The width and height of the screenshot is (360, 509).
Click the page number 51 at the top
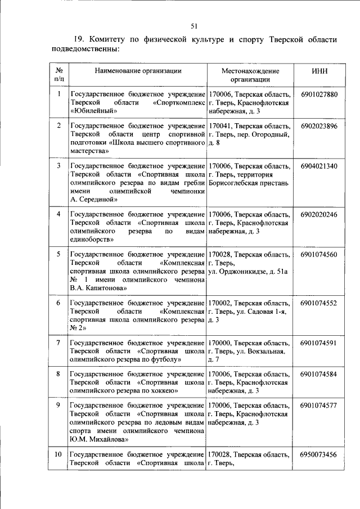[x=194, y=26]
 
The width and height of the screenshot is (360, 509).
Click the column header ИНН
[x=319, y=71]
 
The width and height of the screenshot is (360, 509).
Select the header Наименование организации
[x=138, y=71]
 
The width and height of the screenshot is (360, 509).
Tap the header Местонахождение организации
[x=250, y=75]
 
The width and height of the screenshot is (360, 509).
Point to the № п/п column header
[x=58, y=75]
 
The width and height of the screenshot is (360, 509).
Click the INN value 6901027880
[x=319, y=94]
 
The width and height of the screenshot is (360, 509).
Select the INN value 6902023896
[x=319, y=126]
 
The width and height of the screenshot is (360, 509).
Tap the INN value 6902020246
[x=319, y=214]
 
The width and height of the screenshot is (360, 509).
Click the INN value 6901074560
[x=319, y=255]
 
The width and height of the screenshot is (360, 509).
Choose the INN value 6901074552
[x=319, y=303]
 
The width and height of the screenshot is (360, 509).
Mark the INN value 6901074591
[x=319, y=343]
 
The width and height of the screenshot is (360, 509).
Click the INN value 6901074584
[x=319, y=373]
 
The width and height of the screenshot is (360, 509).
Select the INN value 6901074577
[x=319, y=406]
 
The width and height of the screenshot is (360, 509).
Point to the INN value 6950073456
[x=319, y=454]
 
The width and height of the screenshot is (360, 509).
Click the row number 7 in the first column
[x=58, y=343]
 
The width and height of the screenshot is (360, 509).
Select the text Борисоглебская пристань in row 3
[x=248, y=183]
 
